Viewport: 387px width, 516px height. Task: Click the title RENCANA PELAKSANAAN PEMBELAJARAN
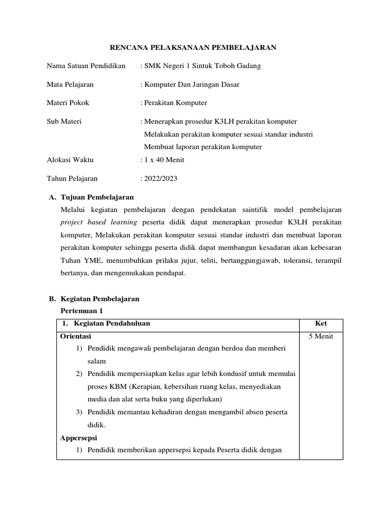193,47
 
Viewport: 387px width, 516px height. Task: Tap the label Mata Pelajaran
70,84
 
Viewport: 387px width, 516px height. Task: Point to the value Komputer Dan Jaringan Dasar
191,84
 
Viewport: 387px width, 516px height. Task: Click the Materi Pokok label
68,103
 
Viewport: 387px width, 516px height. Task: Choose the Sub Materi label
64,121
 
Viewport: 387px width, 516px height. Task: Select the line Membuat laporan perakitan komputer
203,147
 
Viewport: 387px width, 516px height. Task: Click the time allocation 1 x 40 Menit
164,160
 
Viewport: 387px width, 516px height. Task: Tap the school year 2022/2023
160,178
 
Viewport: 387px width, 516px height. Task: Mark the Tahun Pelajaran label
72,178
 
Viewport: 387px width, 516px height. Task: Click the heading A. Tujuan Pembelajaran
91,197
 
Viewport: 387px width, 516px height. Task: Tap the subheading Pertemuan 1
81,311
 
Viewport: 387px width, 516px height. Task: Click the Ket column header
321,324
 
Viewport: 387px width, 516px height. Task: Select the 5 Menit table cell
321,337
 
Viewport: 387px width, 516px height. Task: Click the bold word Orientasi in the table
76,337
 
